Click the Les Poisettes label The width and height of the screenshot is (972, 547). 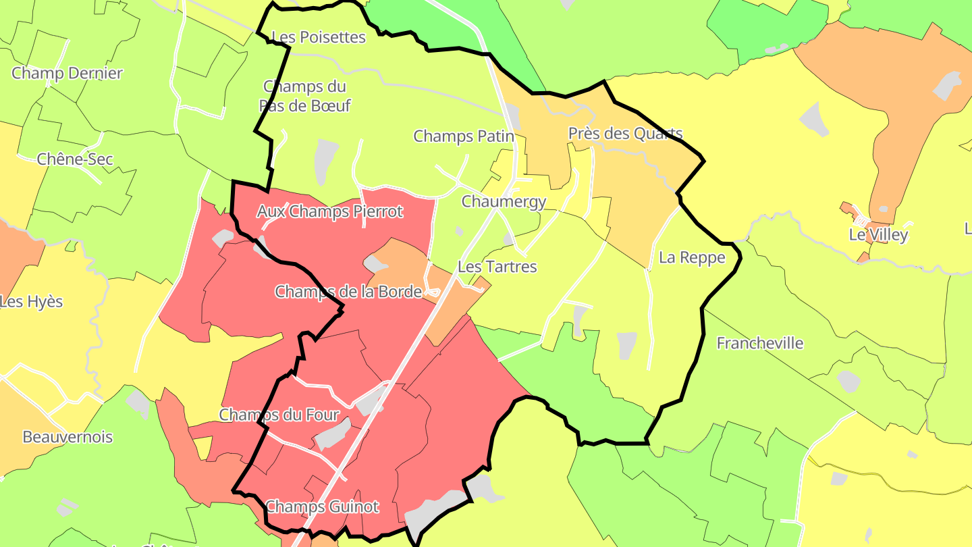point(318,37)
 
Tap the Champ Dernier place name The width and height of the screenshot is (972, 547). point(67,73)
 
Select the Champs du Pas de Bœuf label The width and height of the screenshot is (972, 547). point(304,96)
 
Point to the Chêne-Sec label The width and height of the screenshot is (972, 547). point(75,159)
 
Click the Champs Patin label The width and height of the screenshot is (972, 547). point(464,136)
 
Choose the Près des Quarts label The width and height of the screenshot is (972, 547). point(625,134)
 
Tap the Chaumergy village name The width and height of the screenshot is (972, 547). point(504,201)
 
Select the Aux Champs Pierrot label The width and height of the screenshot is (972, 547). point(329,211)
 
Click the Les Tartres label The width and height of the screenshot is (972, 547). point(497,267)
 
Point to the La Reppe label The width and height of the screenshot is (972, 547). point(692,257)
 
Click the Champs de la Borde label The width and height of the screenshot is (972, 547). point(348,292)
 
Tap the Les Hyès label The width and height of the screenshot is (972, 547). point(31,302)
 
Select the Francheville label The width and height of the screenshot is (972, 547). point(759,343)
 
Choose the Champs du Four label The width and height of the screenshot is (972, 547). point(279,414)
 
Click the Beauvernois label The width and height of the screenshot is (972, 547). point(67,437)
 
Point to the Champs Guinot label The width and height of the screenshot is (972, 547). point(322,506)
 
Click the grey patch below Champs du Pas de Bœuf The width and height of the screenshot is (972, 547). point(326,161)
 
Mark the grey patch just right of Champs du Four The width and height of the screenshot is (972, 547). point(369,403)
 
